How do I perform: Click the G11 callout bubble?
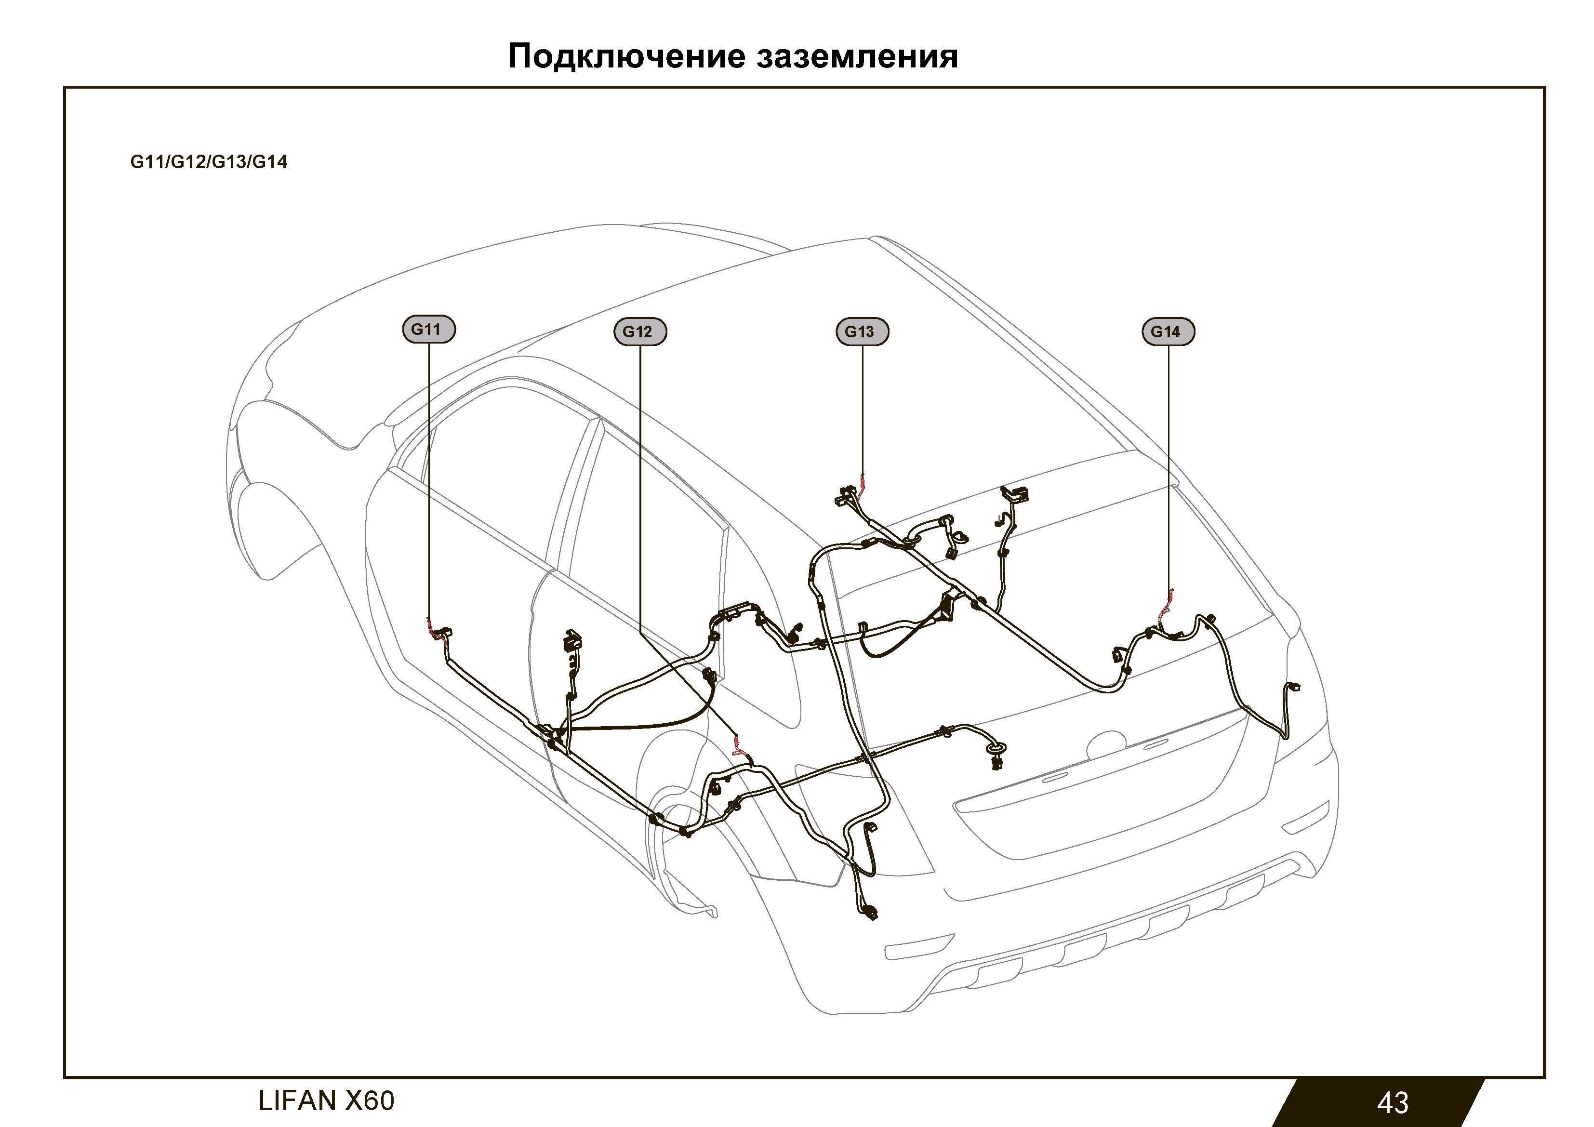coord(428,329)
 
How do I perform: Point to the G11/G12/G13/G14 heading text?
coord(208,162)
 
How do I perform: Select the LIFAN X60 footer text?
coord(326,1100)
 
